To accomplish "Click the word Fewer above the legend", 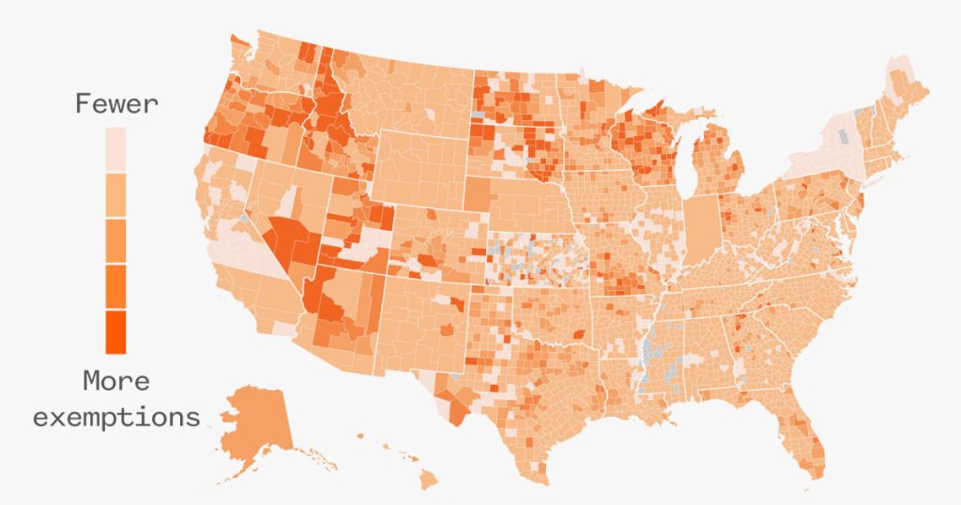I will [x=116, y=103].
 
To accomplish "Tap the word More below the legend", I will [x=115, y=381].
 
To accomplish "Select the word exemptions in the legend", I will [x=116, y=416].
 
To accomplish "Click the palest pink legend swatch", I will [x=115, y=149].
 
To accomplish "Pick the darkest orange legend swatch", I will [x=115, y=332].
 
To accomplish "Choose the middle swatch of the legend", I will [x=115, y=241].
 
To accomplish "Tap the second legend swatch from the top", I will [x=115, y=195].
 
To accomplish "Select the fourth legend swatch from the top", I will [x=115, y=287].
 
